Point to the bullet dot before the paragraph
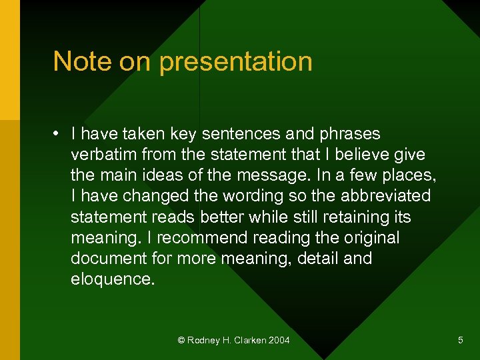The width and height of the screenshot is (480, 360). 59,134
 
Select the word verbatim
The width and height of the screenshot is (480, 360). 103,155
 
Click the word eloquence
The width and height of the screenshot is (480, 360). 112,279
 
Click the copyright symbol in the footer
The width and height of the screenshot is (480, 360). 181,341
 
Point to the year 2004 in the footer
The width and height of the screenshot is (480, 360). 279,341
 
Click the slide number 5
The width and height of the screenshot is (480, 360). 460,341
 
